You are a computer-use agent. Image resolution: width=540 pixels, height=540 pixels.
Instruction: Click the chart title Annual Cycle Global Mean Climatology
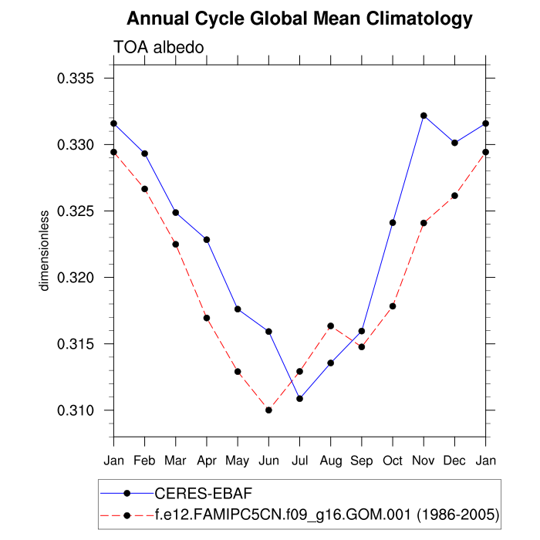pyautogui.click(x=299, y=18)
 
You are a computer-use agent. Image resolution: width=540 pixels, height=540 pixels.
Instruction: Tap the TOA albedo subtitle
pyautogui.click(x=158, y=48)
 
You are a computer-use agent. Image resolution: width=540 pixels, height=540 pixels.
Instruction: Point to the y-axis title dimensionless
pyautogui.click(x=45, y=250)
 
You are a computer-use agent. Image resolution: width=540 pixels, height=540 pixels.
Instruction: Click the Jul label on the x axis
pyautogui.click(x=299, y=461)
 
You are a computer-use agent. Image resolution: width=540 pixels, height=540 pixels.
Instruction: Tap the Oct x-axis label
pyautogui.click(x=393, y=461)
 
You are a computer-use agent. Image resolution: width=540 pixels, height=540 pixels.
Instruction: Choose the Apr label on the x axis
pyautogui.click(x=207, y=461)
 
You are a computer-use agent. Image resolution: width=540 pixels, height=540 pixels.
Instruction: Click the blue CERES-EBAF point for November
pyautogui.click(x=424, y=116)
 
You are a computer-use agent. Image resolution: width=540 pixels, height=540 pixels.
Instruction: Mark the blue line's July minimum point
pyautogui.click(x=299, y=398)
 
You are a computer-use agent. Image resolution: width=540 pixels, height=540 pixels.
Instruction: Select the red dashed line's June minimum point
pyautogui.click(x=268, y=410)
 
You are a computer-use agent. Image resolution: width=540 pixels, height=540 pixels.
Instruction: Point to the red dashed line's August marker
pyautogui.click(x=330, y=326)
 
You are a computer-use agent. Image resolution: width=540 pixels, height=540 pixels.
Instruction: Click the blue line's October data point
pyautogui.click(x=393, y=222)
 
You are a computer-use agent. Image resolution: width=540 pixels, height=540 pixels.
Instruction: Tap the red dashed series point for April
pyautogui.click(x=207, y=318)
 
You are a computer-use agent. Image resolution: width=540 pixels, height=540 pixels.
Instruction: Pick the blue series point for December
pyautogui.click(x=454, y=143)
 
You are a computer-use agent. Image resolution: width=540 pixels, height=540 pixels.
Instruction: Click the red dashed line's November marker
pyautogui.click(x=424, y=223)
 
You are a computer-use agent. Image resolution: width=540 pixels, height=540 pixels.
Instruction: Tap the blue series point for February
pyautogui.click(x=144, y=154)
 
